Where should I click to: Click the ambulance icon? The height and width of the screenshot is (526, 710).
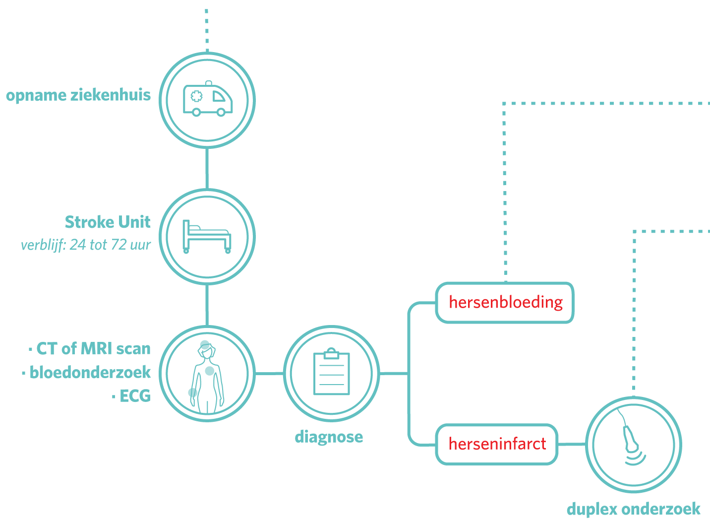208,100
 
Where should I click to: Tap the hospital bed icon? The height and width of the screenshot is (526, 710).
207,237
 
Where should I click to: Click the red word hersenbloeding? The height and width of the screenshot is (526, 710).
506,302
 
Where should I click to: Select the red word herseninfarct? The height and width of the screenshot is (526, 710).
497,444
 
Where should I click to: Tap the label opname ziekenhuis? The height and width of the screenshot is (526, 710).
78,95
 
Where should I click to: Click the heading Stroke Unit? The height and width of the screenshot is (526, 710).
108,222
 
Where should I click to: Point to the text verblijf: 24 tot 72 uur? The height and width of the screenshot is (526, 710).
86,245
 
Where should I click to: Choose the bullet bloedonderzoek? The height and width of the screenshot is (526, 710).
90,372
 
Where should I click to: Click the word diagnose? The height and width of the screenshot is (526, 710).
329,437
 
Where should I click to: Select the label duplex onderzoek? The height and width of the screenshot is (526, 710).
633,509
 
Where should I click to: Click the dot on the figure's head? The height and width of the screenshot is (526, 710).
205,344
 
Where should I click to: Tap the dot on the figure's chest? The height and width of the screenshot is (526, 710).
210,371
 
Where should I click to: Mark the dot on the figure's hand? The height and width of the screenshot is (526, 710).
192,393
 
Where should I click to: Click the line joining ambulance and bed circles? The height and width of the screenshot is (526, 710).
207,168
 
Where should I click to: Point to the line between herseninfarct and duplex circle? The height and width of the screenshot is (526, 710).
572,444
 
